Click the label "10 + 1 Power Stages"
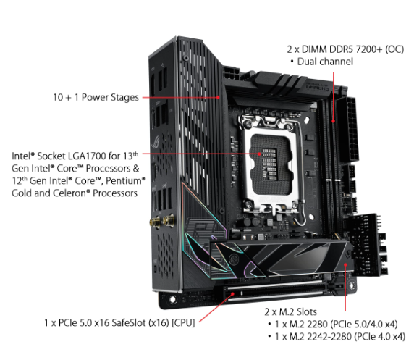coord(96,97)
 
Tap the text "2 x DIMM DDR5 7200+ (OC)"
coord(345,49)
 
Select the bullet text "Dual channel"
coord(325,62)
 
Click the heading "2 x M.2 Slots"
coord(290,312)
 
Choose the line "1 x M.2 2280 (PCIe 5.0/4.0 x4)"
coord(336,324)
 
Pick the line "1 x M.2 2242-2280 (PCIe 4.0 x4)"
coord(340,337)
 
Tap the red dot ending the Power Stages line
coord(218,97)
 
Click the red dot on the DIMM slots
coord(333,121)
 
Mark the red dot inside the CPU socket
coord(260,154)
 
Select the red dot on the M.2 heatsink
coord(345,264)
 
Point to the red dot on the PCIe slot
coord(232,293)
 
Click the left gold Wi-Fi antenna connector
coord(155,222)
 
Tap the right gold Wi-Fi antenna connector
coord(168,221)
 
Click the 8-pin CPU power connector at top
coord(232,72)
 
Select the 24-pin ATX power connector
coord(348,130)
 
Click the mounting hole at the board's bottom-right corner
coord(352,285)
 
